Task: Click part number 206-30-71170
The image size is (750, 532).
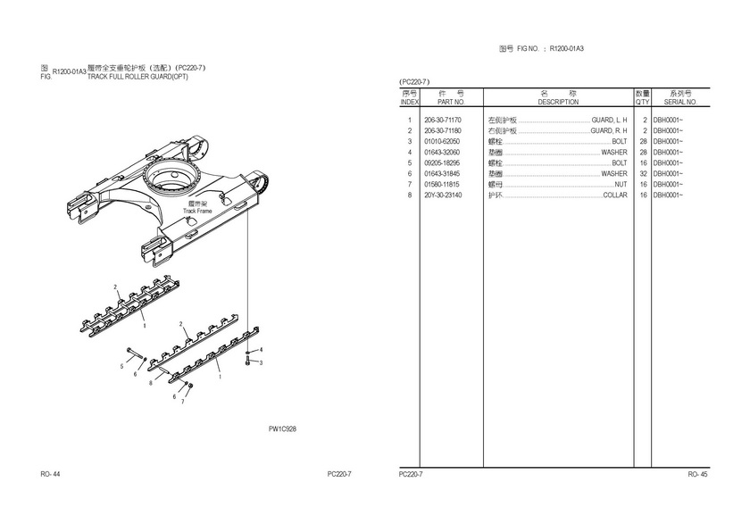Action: coord(443,120)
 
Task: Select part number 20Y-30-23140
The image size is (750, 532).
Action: coord(443,195)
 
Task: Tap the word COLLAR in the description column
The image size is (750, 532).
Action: coord(614,195)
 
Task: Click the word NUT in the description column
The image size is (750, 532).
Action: coord(621,185)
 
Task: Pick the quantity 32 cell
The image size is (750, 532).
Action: coord(644,173)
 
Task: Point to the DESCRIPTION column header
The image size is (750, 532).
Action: coord(558,102)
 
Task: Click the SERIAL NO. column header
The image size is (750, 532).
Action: coord(680,102)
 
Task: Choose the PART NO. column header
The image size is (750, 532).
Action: coord(451,102)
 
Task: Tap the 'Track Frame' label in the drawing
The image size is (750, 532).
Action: coord(197,211)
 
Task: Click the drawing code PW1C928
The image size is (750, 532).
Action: coord(282,428)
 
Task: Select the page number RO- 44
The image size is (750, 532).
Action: coord(50,474)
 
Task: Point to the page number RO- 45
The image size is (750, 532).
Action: coord(697,474)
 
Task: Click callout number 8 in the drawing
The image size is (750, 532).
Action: coord(151,383)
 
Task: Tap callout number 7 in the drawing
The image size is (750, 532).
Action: coord(182,402)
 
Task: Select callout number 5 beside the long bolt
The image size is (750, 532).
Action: coord(121,367)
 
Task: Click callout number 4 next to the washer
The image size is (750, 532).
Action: coord(261,350)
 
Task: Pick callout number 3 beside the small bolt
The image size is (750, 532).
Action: coord(261,362)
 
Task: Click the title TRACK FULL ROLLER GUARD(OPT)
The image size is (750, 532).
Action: coord(137,77)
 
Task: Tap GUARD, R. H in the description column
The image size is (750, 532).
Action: coord(609,130)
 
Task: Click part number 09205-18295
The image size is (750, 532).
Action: coord(442,163)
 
